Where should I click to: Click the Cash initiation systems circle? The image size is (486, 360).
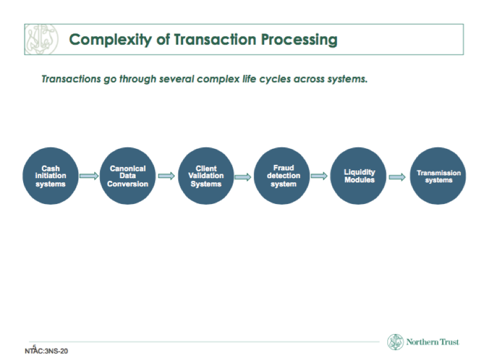(51, 176)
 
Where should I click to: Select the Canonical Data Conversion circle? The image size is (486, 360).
(127, 176)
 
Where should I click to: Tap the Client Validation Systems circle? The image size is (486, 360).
(206, 176)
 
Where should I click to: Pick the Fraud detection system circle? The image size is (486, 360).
(282, 176)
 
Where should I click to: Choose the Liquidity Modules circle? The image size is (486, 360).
(359, 176)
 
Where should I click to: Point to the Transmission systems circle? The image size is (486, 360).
(438, 176)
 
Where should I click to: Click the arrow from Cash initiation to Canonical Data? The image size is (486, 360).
(89, 176)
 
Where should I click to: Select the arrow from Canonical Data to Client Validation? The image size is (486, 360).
(167, 176)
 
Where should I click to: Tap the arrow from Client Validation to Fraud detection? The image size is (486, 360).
(243, 177)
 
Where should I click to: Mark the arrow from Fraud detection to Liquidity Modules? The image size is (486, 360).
(319, 176)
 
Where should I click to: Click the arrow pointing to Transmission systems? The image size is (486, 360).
(397, 177)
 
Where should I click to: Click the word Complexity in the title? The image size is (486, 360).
(110, 40)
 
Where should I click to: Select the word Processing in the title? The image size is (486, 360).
(299, 40)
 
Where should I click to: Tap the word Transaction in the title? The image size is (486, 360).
(215, 39)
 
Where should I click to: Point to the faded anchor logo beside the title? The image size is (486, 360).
(41, 39)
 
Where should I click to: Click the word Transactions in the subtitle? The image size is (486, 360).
(71, 79)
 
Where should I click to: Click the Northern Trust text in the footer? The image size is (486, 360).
(432, 342)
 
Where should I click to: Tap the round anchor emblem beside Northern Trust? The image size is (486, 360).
(396, 342)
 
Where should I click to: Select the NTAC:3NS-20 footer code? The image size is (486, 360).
(46, 351)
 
